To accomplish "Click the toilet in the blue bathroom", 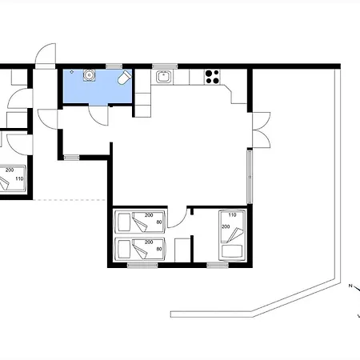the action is pos(125,78).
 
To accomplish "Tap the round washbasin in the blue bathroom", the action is pos(89,75).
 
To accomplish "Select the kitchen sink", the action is pos(162,77).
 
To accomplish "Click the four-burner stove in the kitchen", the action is pos(213,77).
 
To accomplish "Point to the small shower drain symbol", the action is pos(72,72).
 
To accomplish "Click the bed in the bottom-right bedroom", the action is pos(232,235).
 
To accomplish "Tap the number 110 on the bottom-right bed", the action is pos(232,215).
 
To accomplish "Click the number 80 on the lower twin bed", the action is pos(159,249).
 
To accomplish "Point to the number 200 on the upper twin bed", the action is pos(149,215).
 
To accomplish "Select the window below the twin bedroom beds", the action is pos(142,266).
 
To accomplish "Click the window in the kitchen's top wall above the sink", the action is pos(165,66).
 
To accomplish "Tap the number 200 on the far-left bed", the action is pos(10,170).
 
